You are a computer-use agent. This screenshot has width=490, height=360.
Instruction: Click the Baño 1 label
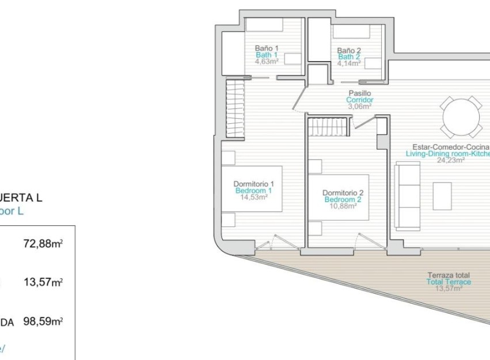[267, 48]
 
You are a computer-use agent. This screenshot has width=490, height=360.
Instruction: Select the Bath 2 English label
[349, 56]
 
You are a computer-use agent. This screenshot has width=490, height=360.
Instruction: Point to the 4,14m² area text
[349, 63]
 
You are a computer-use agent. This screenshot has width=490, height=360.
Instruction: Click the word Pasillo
[359, 93]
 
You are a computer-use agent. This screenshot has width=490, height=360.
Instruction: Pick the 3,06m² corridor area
[359, 106]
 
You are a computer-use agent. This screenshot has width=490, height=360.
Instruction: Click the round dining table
[460, 116]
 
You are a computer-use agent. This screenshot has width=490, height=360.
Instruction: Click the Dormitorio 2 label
[343, 192]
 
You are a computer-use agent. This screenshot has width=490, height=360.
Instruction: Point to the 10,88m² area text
[343, 206]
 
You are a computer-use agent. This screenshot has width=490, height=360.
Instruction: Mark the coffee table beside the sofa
[442, 196]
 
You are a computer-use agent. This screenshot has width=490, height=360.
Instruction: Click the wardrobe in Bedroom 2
[329, 126]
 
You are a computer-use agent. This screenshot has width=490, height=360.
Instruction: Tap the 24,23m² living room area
[450, 161]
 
